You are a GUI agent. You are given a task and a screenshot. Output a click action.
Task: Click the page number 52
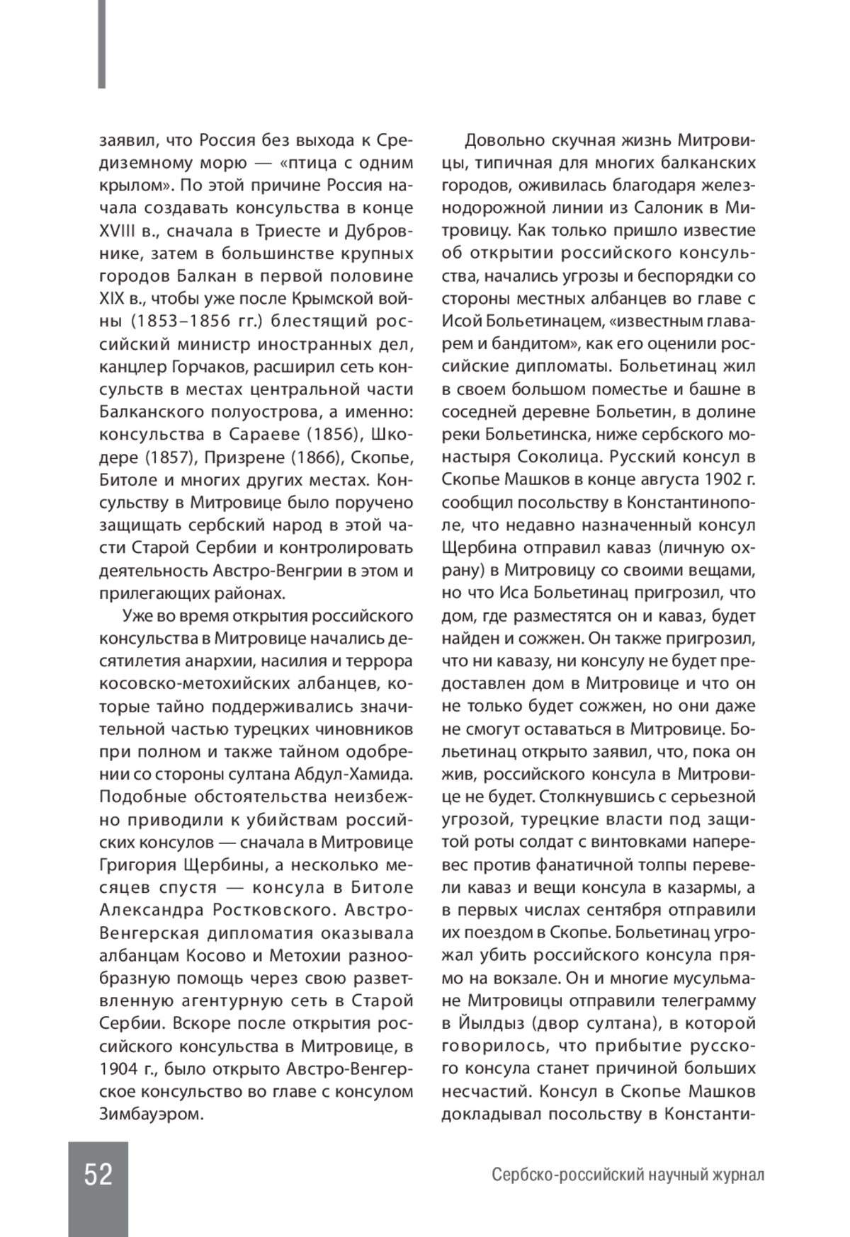click(x=98, y=1175)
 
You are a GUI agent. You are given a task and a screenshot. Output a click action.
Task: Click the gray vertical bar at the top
click(x=102, y=44)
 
